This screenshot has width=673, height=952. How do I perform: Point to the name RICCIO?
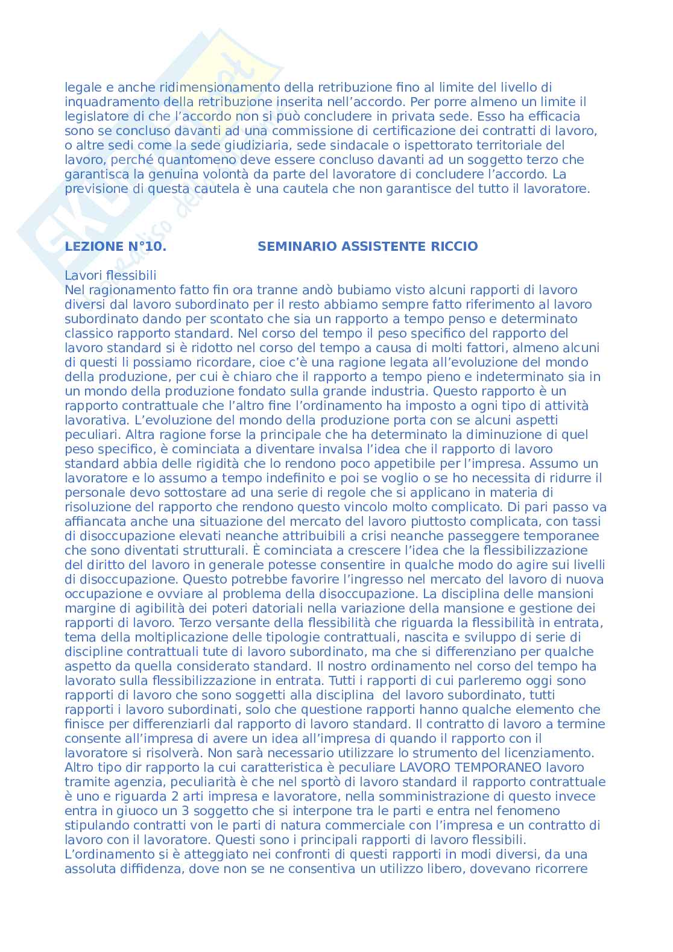pos(456,247)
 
